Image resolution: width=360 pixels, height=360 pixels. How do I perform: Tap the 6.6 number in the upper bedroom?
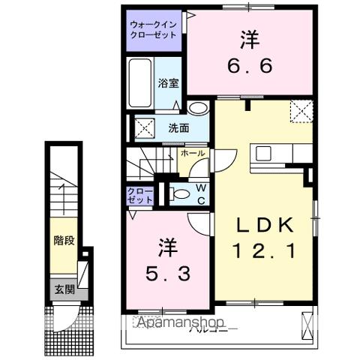[247, 65]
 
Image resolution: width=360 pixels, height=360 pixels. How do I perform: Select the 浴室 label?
[168, 84]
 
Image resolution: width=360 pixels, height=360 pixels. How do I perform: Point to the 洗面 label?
[178, 127]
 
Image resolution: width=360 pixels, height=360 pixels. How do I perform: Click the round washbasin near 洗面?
[197, 109]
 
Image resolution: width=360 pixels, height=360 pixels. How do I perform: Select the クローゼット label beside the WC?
[140, 196]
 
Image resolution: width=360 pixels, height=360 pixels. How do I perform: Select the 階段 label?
[63, 241]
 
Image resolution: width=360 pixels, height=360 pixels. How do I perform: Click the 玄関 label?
[63, 289]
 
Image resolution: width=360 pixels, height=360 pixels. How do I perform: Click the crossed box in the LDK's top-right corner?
[301, 112]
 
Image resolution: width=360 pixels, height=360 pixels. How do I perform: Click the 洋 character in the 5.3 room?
[166, 246]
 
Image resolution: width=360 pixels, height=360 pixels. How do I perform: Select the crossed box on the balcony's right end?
[306, 324]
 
